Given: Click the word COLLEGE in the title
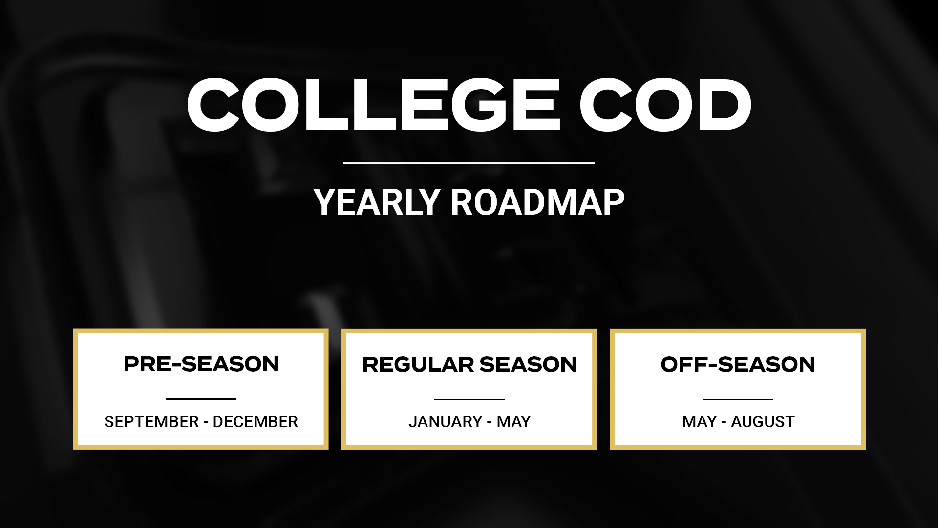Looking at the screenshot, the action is point(374,105).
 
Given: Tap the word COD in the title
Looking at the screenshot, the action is point(665,105).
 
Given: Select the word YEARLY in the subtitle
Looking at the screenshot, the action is point(377,202).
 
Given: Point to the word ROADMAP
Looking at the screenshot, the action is point(537,202).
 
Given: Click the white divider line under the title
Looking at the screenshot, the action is point(469,163).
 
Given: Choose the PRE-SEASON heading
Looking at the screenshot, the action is point(201,364).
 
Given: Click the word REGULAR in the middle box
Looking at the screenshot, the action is point(418,365).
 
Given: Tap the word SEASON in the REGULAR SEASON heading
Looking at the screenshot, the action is point(528,365).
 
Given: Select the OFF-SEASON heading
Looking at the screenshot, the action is point(738,365).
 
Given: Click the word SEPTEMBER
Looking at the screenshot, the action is point(151,421).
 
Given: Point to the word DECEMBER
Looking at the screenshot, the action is point(255,421).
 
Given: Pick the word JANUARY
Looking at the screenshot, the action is point(446,421).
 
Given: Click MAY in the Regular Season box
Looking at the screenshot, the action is point(513,421).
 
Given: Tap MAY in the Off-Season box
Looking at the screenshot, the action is point(700,421).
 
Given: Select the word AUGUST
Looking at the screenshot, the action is point(763,421).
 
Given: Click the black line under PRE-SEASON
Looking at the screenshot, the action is point(201,399).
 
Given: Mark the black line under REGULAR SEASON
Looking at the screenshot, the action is point(469,399).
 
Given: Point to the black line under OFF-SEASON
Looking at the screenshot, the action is point(738,399).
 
